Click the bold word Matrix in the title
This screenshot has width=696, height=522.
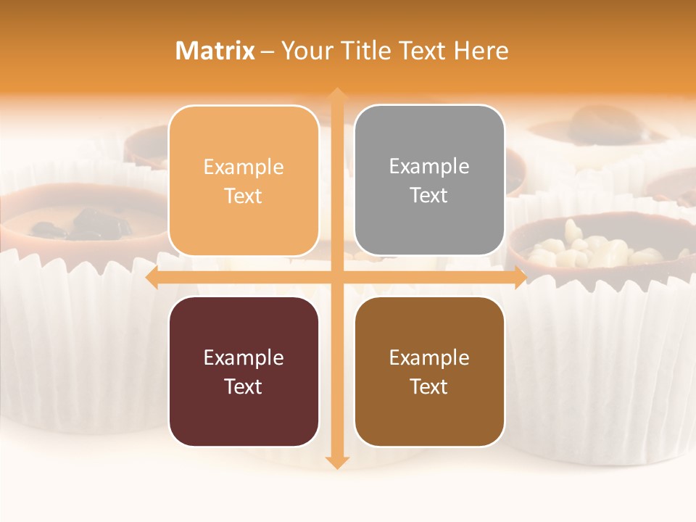pos(215,51)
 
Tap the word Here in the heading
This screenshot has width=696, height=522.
pos(481,51)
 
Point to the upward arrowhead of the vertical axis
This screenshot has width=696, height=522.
pos(336,94)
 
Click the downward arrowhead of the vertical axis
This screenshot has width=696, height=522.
pos(336,463)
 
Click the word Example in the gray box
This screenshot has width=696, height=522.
pos(429,167)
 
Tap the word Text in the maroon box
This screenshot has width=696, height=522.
pos(244,386)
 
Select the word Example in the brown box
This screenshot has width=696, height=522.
pos(429,357)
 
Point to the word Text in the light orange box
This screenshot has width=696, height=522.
pos(244,196)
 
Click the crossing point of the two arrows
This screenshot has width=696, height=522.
pos(336,278)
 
